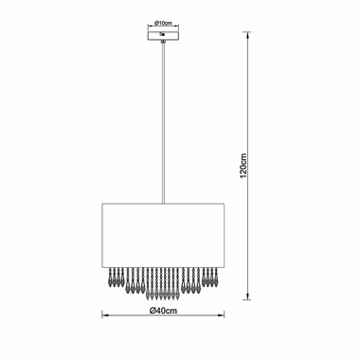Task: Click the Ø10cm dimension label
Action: click(x=163, y=23)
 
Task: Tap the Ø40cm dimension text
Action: click(x=163, y=311)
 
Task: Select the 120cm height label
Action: click(x=243, y=166)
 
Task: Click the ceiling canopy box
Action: click(x=163, y=35)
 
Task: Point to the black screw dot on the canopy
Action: click(x=163, y=34)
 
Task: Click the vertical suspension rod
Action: click(x=163, y=123)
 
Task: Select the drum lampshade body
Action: click(x=163, y=236)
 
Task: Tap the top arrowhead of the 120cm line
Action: click(x=249, y=35)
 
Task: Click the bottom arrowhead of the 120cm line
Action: click(x=249, y=297)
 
